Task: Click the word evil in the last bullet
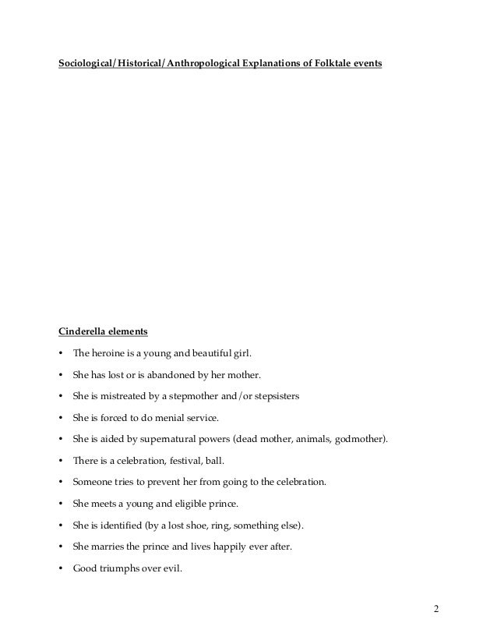tap(170, 568)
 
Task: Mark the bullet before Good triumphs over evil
tap(61, 568)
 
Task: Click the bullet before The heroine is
tap(61, 352)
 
